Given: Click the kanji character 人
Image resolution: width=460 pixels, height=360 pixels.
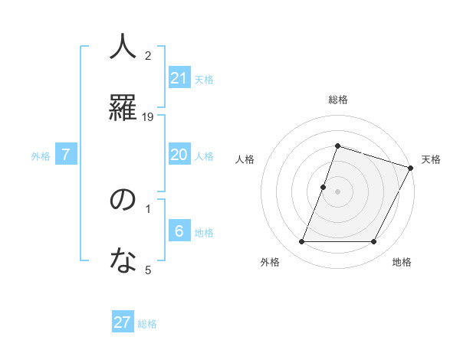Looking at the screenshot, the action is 123,47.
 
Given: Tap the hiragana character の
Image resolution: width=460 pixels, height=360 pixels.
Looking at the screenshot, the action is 123,201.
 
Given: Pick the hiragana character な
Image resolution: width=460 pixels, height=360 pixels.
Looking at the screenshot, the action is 123,260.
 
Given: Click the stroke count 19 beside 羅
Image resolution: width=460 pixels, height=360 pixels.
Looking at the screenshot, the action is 148,117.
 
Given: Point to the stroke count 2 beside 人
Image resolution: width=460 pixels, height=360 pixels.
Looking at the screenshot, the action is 148,55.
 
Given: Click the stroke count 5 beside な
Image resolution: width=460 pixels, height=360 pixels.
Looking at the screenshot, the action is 148,270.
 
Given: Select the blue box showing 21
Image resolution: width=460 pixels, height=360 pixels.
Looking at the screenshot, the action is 179,78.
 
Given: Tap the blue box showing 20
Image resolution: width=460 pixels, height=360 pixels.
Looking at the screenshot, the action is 179,155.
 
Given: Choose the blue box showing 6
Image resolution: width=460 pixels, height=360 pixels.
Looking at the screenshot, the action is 179,231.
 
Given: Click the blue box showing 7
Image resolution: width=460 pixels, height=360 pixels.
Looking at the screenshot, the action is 66,155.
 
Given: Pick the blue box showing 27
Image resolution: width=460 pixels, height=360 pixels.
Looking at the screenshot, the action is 123,322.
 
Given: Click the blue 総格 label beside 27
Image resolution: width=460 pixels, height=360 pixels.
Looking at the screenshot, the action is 147,324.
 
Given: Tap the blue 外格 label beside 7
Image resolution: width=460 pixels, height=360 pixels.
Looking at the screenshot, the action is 41,156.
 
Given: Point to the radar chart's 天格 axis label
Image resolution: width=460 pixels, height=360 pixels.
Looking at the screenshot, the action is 431,159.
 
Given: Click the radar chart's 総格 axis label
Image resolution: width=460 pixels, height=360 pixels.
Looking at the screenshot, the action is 337,100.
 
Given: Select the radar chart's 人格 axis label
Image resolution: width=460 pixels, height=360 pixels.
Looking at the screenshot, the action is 245,159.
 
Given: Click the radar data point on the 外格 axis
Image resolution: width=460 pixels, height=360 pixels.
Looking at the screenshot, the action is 301,242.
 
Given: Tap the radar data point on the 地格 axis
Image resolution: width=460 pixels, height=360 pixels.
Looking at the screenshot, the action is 373,242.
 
